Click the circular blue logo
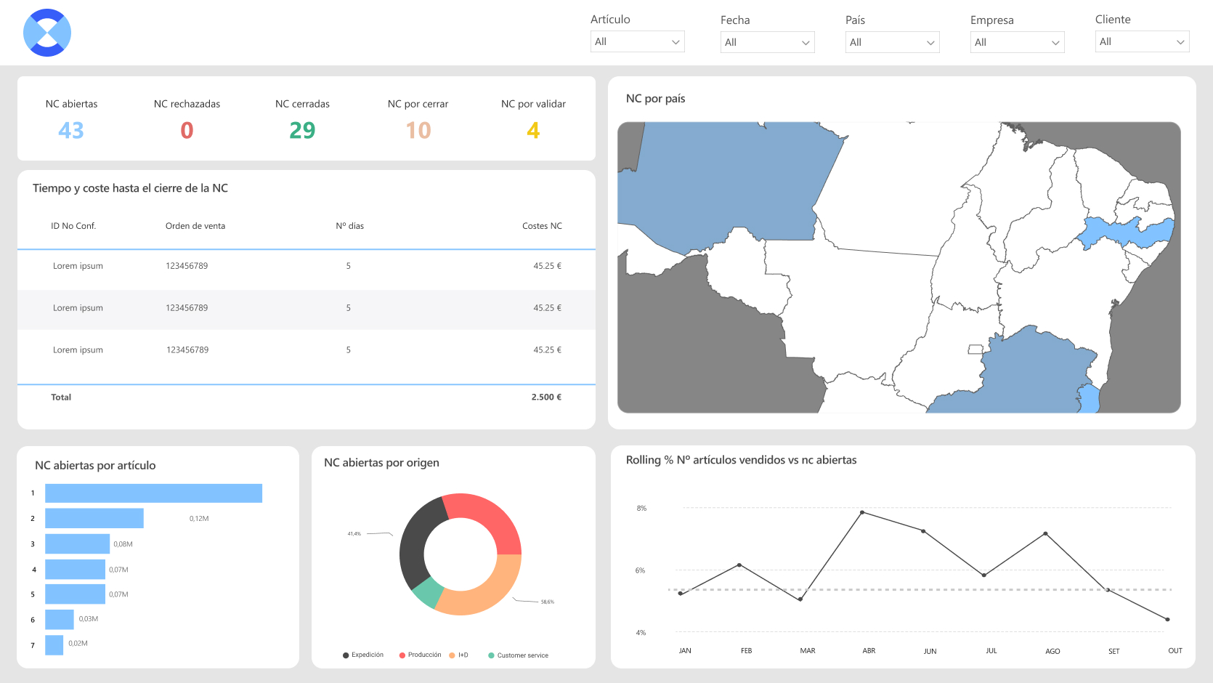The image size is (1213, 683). (x=47, y=33)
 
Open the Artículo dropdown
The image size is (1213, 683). (x=637, y=41)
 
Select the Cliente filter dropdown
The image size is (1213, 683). (x=1142, y=41)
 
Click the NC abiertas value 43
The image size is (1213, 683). (x=71, y=131)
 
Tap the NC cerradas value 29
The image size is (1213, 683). (x=302, y=131)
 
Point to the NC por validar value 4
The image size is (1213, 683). (x=533, y=131)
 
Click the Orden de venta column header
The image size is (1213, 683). (x=195, y=226)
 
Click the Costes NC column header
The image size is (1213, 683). (x=542, y=226)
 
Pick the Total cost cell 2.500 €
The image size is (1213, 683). (x=546, y=397)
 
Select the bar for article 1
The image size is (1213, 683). (x=154, y=493)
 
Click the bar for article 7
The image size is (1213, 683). (x=54, y=645)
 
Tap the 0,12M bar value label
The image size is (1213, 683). (x=199, y=518)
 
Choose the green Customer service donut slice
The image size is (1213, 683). (x=427, y=592)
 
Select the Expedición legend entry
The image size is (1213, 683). (x=363, y=655)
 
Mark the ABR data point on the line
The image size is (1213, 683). (x=862, y=512)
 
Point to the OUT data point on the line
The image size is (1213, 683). (x=1167, y=620)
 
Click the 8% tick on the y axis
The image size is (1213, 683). (x=641, y=508)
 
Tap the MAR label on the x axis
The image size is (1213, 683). (x=808, y=650)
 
